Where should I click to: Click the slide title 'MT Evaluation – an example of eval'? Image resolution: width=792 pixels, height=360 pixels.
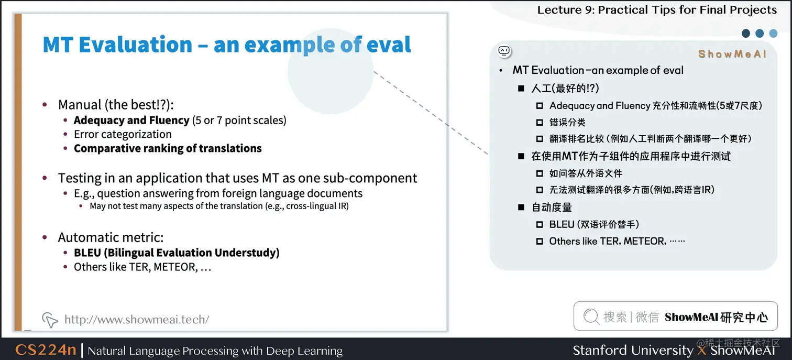[226, 45]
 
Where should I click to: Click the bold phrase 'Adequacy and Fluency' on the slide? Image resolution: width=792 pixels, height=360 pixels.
[131, 121]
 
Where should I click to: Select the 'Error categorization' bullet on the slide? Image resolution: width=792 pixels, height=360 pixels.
[123, 134]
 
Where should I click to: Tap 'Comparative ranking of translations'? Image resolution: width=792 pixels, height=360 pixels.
[168, 148]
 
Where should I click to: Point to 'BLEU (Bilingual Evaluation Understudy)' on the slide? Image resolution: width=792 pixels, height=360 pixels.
[177, 253]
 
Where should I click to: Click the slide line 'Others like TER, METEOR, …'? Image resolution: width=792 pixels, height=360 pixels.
[142, 267]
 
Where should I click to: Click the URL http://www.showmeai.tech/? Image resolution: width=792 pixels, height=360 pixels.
[137, 319]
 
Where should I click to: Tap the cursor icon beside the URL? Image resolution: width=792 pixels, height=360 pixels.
[50, 319]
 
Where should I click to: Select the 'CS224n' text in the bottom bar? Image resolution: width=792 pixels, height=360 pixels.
[46, 350]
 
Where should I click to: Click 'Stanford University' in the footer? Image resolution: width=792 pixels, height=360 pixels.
[632, 350]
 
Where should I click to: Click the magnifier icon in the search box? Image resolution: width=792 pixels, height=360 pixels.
[591, 317]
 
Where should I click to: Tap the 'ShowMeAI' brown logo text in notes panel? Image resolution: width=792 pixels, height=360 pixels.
[732, 54]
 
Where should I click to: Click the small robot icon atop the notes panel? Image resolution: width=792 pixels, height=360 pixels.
[504, 51]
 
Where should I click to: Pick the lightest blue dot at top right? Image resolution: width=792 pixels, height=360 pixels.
[773, 34]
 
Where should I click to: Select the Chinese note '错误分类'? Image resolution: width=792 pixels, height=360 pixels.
[567, 122]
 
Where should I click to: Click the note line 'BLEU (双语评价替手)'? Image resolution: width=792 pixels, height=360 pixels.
[594, 224]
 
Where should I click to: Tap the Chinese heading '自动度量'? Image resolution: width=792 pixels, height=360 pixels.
[552, 207]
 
